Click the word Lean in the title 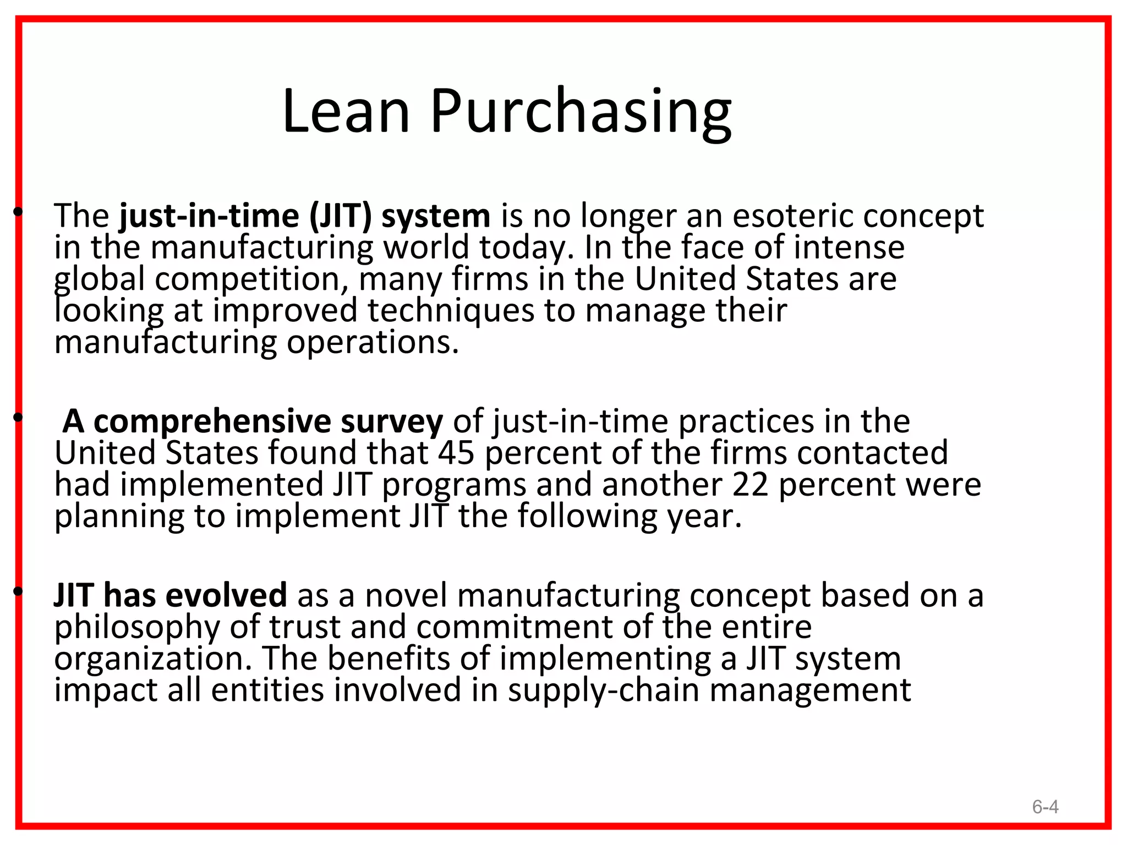pyautogui.click(x=346, y=112)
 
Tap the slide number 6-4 pyautogui.click(x=1045, y=807)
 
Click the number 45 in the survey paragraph pyautogui.click(x=456, y=453)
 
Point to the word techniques pyautogui.click(x=451, y=311)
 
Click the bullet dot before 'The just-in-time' pyautogui.click(x=18, y=212)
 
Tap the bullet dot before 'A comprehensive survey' pyautogui.click(x=18, y=418)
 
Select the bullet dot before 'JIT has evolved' pyautogui.click(x=18, y=591)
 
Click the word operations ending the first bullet pyautogui.click(x=373, y=343)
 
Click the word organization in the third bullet pyautogui.click(x=153, y=659)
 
